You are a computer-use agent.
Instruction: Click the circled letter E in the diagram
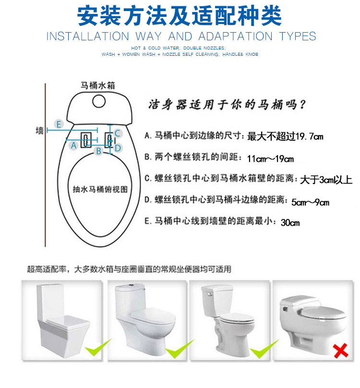(59, 124)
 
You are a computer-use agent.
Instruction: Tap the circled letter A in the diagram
(73, 145)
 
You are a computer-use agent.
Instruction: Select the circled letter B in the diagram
(99, 151)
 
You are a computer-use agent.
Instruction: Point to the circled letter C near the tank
(117, 133)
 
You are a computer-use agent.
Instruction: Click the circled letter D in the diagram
(118, 148)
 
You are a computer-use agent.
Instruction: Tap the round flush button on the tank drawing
(99, 101)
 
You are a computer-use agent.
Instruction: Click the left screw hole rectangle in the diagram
(86, 140)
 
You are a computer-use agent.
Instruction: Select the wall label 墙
(39, 131)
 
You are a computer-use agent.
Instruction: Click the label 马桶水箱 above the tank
(98, 85)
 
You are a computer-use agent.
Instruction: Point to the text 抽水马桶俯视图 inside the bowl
(100, 189)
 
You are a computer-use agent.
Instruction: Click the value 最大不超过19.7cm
(285, 136)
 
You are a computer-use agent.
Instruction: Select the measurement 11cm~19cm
(270, 158)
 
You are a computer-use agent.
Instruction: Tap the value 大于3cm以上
(326, 180)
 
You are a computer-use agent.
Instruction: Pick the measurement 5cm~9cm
(310, 202)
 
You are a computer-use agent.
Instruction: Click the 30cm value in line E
(290, 222)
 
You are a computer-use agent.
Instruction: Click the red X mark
(340, 351)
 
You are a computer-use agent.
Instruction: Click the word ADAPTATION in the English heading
(236, 36)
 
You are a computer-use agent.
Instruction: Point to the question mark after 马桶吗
(302, 105)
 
